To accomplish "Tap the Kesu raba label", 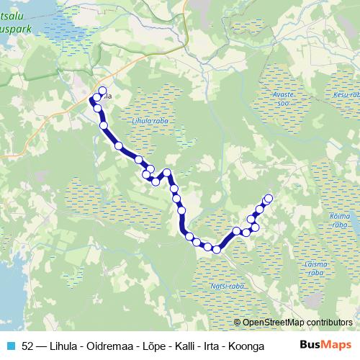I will pos(346,94).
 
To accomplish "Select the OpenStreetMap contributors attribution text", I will pos(298,323).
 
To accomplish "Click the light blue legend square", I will pos(10,346).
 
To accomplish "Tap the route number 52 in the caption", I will pos(27,346).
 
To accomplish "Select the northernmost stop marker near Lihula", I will pos(102,91).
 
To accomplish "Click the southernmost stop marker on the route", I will pos(216,250).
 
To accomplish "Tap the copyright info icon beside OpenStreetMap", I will pos(238,323).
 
